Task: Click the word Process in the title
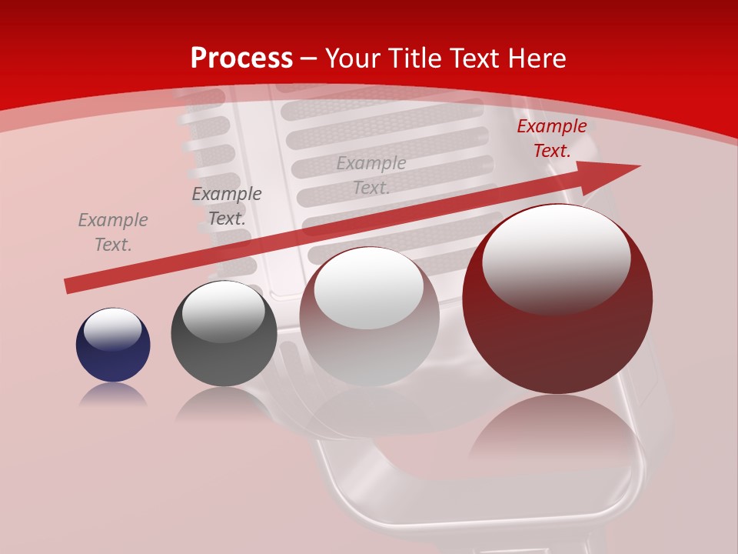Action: tap(241, 58)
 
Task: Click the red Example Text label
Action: tap(552, 138)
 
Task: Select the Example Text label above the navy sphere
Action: tap(113, 232)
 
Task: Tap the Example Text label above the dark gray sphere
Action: tap(227, 206)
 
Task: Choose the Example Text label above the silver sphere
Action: tap(371, 175)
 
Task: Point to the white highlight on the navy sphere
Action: tap(113, 329)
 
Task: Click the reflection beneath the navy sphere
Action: tap(113, 394)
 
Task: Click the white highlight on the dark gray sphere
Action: tap(224, 312)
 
